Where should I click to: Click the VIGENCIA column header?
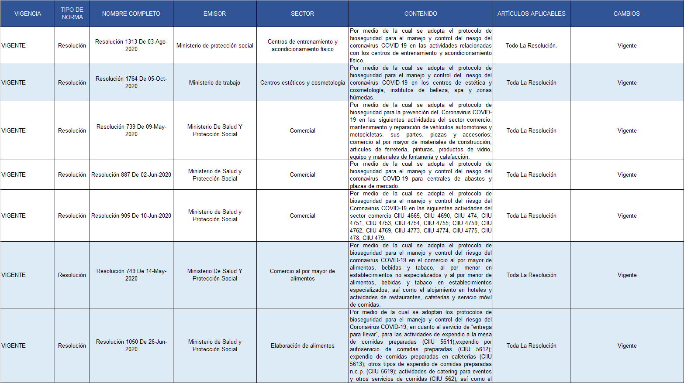pyautogui.click(x=28, y=14)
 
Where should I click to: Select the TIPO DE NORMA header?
pyautogui.click(x=72, y=14)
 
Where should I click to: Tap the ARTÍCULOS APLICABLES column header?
pyautogui.click(x=531, y=14)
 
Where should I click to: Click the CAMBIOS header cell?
pyautogui.click(x=626, y=14)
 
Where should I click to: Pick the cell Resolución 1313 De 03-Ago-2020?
pyautogui.click(x=131, y=45)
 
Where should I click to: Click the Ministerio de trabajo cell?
pyautogui.click(x=214, y=82)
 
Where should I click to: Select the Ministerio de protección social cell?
pyautogui.click(x=214, y=45)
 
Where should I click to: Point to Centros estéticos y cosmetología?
pyautogui.click(x=302, y=82)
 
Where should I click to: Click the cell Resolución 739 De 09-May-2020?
pyautogui.click(x=131, y=130)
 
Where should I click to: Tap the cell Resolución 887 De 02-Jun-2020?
pyautogui.click(x=131, y=174)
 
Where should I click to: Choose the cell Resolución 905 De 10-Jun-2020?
pyautogui.click(x=131, y=215)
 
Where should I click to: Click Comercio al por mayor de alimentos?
pyautogui.click(x=302, y=275)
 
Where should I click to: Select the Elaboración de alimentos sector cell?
pyautogui.click(x=302, y=345)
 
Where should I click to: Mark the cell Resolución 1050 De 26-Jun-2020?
pyautogui.click(x=131, y=345)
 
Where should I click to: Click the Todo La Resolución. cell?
pyautogui.click(x=531, y=45)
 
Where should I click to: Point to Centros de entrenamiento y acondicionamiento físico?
pyautogui.click(x=302, y=45)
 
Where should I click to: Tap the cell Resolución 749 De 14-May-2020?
pyautogui.click(x=131, y=275)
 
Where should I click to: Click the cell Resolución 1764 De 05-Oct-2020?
pyautogui.click(x=131, y=82)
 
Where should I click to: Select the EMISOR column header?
pyautogui.click(x=214, y=14)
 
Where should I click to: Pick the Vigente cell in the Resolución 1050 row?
pyautogui.click(x=627, y=345)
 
